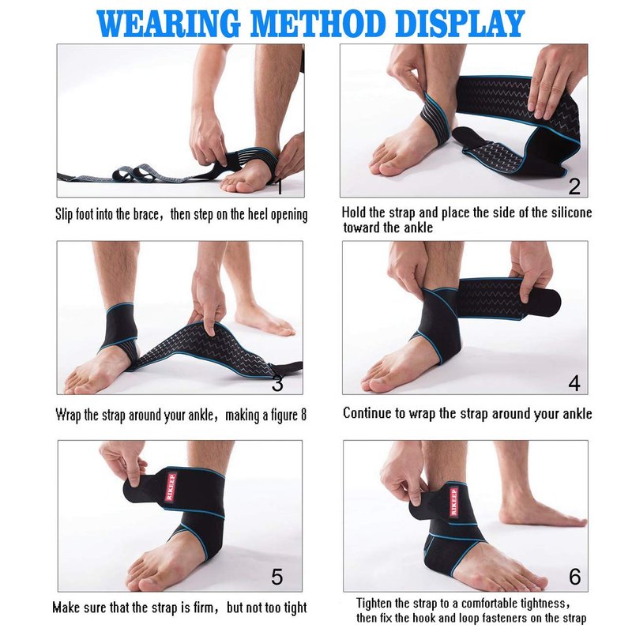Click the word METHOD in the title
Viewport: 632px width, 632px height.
(318, 24)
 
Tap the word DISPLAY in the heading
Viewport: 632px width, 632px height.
(460, 24)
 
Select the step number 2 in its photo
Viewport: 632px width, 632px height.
(574, 186)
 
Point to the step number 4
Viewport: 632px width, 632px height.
(574, 382)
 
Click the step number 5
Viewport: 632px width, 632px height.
(277, 577)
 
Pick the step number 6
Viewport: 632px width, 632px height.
(575, 577)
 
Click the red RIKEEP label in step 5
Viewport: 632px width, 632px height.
(171, 487)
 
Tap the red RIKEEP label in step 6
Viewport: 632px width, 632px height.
(453, 502)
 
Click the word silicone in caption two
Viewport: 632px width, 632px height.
(571, 213)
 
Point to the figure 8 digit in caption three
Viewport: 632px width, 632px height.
(303, 414)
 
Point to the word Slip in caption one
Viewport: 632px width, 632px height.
(65, 214)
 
